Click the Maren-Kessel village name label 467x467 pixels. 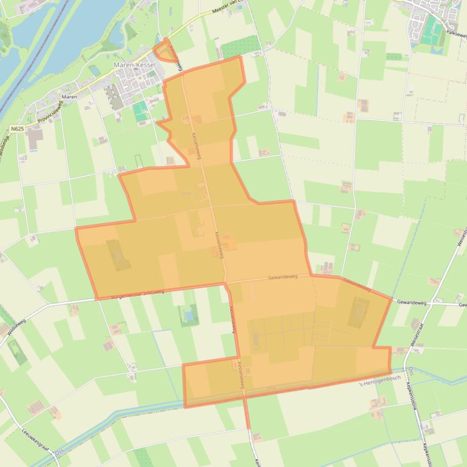coord(135,65)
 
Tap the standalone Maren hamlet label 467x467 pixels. coord(69,97)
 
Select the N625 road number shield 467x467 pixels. coord(17,129)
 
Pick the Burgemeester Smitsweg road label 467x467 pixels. coord(138,294)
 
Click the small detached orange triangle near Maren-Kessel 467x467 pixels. coord(162,50)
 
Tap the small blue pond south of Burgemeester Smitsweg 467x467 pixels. coord(189,316)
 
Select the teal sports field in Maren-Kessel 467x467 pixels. coord(141,110)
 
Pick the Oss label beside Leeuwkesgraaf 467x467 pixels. coord(58,452)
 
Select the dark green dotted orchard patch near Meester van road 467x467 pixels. coord(242,46)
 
